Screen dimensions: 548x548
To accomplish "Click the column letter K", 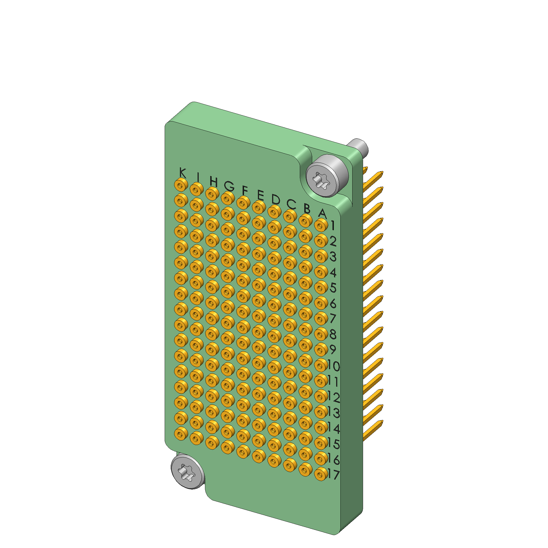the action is pos(183,173).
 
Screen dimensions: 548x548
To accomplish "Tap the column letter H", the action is pos(214,182).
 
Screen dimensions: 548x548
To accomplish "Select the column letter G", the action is pos(229,186).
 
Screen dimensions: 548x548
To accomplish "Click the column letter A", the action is pos(322,213).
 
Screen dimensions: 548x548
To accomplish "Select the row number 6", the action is pos(333,304).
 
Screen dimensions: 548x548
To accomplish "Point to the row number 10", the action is pos(334,366).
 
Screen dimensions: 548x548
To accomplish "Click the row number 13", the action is pos(334,413).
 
